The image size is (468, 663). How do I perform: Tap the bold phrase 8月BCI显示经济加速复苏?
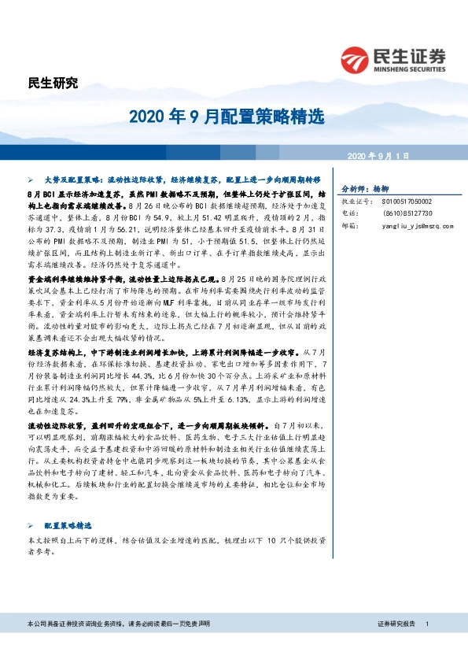pyautogui.click(x=71, y=193)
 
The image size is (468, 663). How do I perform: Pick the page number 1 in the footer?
pyautogui.click(x=426, y=624)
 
